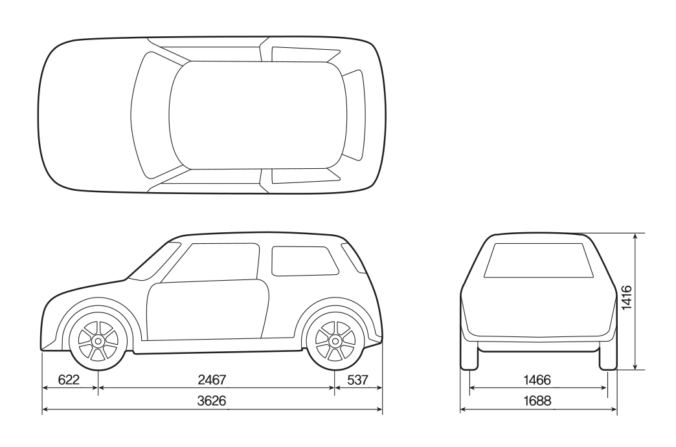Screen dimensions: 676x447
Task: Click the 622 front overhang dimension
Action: (x=69, y=380)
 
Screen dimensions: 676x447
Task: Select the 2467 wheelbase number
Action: (x=212, y=380)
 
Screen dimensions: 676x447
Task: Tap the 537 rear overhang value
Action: (x=358, y=380)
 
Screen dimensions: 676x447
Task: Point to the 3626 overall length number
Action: (x=212, y=401)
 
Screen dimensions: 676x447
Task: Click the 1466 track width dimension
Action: (x=537, y=380)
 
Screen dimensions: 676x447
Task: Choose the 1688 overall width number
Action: (x=537, y=401)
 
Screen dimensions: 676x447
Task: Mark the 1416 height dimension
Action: (x=626, y=297)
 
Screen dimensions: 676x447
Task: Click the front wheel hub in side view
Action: (x=98, y=341)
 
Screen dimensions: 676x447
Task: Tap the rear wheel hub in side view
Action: (x=335, y=341)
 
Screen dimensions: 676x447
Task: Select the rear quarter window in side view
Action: (x=304, y=261)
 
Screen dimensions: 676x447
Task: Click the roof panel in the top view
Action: (x=258, y=115)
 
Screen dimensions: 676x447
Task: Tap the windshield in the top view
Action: (x=155, y=115)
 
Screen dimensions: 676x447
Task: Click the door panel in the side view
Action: (x=208, y=309)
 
